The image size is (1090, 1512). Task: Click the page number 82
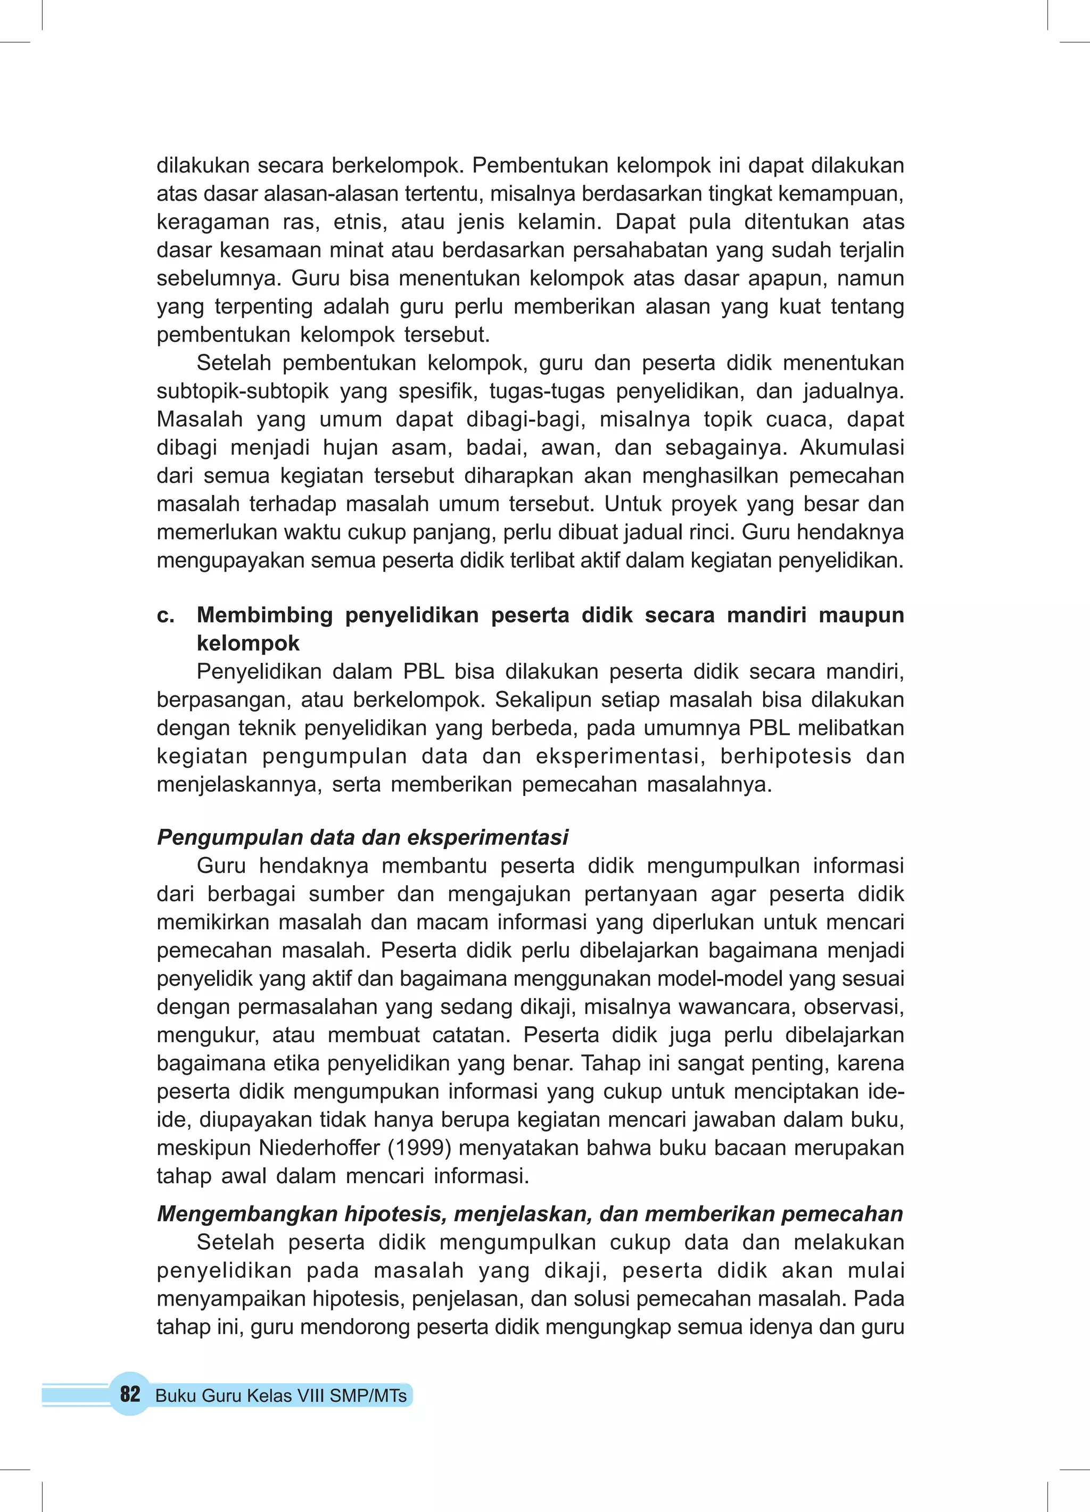click(x=130, y=1394)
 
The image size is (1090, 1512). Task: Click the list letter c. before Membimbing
click(x=166, y=614)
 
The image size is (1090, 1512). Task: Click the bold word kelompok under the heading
click(x=248, y=643)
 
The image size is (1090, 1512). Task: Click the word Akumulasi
click(x=852, y=447)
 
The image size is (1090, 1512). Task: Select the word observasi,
click(x=854, y=1007)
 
